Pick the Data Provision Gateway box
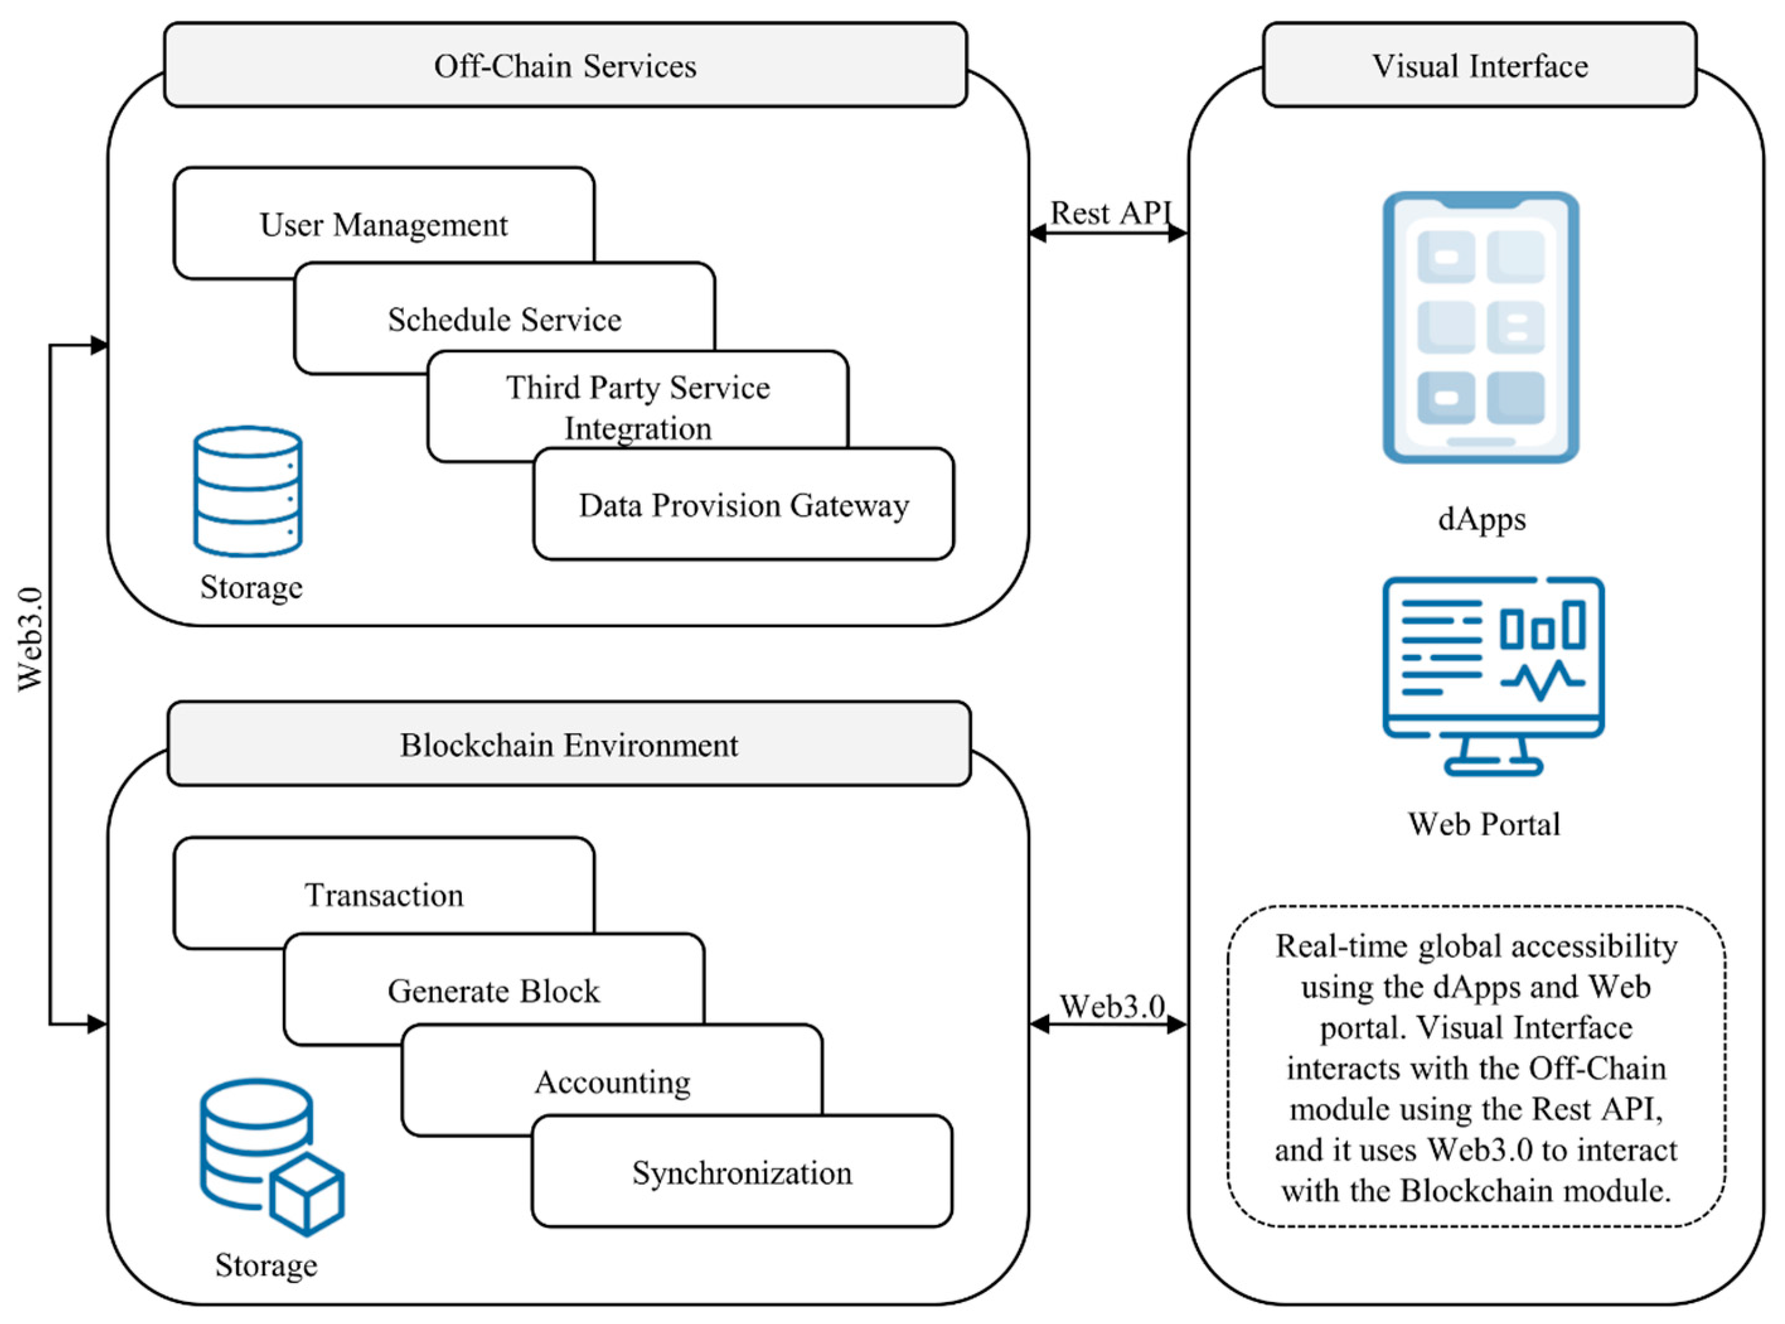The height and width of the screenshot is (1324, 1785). pos(743,505)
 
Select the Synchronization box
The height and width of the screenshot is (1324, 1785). pos(742,1173)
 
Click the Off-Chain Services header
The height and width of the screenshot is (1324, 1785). pos(565,66)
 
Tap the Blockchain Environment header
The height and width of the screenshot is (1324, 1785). pos(568,745)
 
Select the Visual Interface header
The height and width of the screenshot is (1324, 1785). pos(1479,66)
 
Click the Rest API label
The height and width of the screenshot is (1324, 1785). pos(1111,213)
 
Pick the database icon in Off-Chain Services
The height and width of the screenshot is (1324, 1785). pos(248,491)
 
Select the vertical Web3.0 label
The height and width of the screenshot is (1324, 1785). pos(30,639)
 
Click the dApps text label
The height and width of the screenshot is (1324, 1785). pos(1481,520)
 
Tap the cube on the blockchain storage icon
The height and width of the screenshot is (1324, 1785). pos(307,1194)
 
